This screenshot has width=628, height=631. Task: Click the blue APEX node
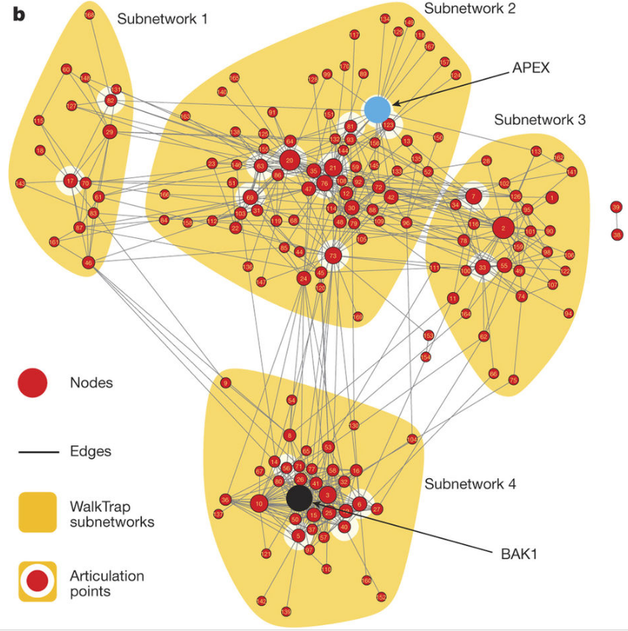click(377, 109)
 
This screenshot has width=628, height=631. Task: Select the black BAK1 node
click(300, 498)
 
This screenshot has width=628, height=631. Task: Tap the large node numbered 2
click(503, 228)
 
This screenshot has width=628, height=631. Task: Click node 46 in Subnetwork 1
click(88, 262)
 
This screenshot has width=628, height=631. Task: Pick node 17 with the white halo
click(70, 180)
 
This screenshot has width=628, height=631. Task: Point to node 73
click(333, 256)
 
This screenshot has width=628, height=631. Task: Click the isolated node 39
click(616, 207)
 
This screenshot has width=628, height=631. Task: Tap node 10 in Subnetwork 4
click(259, 504)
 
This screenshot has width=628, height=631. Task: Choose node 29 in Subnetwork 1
click(110, 133)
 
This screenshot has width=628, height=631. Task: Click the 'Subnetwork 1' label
click(162, 19)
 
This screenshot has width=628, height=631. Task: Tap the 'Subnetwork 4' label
click(470, 484)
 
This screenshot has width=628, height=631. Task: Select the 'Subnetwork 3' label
click(540, 119)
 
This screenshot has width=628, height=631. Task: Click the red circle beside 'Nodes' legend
click(33, 383)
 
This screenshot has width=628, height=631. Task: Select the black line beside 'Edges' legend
click(39, 450)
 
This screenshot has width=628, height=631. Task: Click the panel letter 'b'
click(18, 15)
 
